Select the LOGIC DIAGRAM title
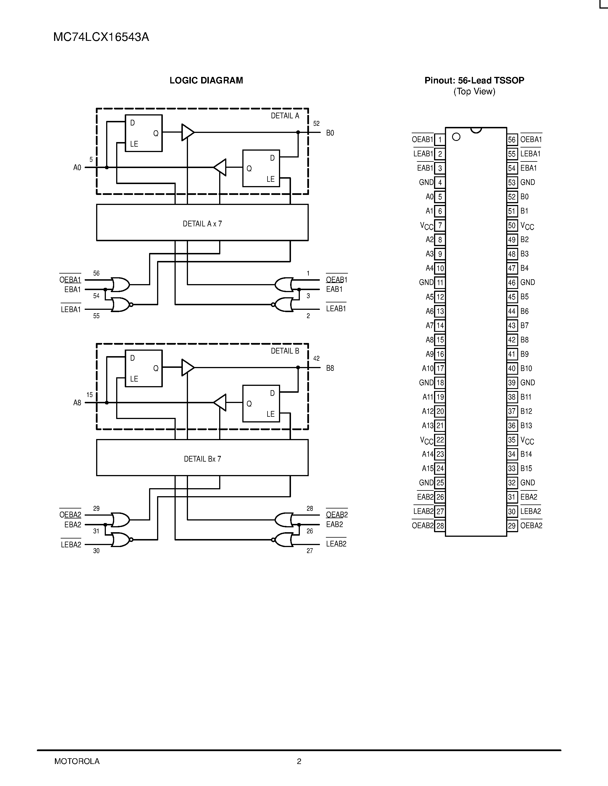[x=206, y=80]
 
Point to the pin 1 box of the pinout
[x=439, y=140]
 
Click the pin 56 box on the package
[x=512, y=140]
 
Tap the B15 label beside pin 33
[x=526, y=468]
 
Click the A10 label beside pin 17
[x=427, y=368]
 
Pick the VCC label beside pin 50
[x=527, y=226]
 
